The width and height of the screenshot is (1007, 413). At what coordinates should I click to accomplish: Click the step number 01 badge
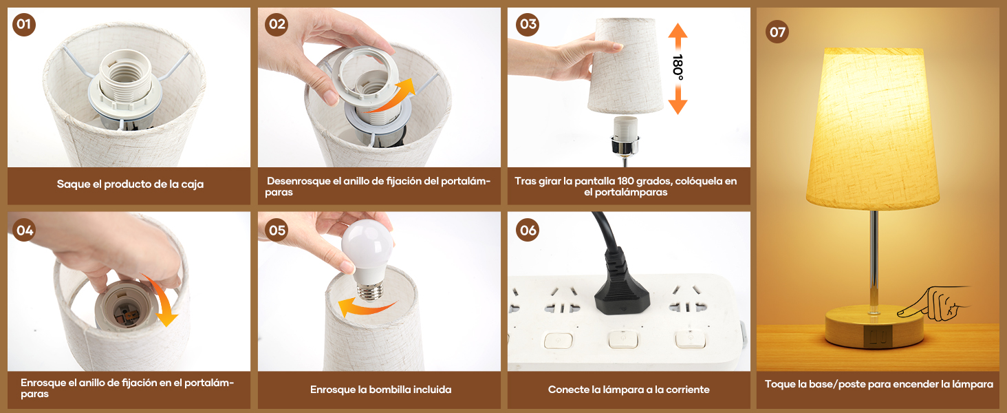tap(24, 24)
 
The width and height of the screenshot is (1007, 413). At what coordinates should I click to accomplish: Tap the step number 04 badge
tap(24, 231)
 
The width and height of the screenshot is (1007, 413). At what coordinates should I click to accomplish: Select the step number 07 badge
tap(777, 32)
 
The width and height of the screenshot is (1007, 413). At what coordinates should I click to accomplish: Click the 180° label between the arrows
tap(678, 68)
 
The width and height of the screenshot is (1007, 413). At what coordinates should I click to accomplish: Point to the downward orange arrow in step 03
tap(678, 100)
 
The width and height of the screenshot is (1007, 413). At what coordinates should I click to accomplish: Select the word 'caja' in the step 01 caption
tap(193, 184)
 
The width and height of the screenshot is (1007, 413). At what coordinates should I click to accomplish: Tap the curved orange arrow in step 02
tap(392, 97)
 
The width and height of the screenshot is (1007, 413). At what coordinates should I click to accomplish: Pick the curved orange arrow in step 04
tap(161, 299)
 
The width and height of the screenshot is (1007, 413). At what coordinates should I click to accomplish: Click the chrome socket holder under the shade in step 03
tap(625, 144)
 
